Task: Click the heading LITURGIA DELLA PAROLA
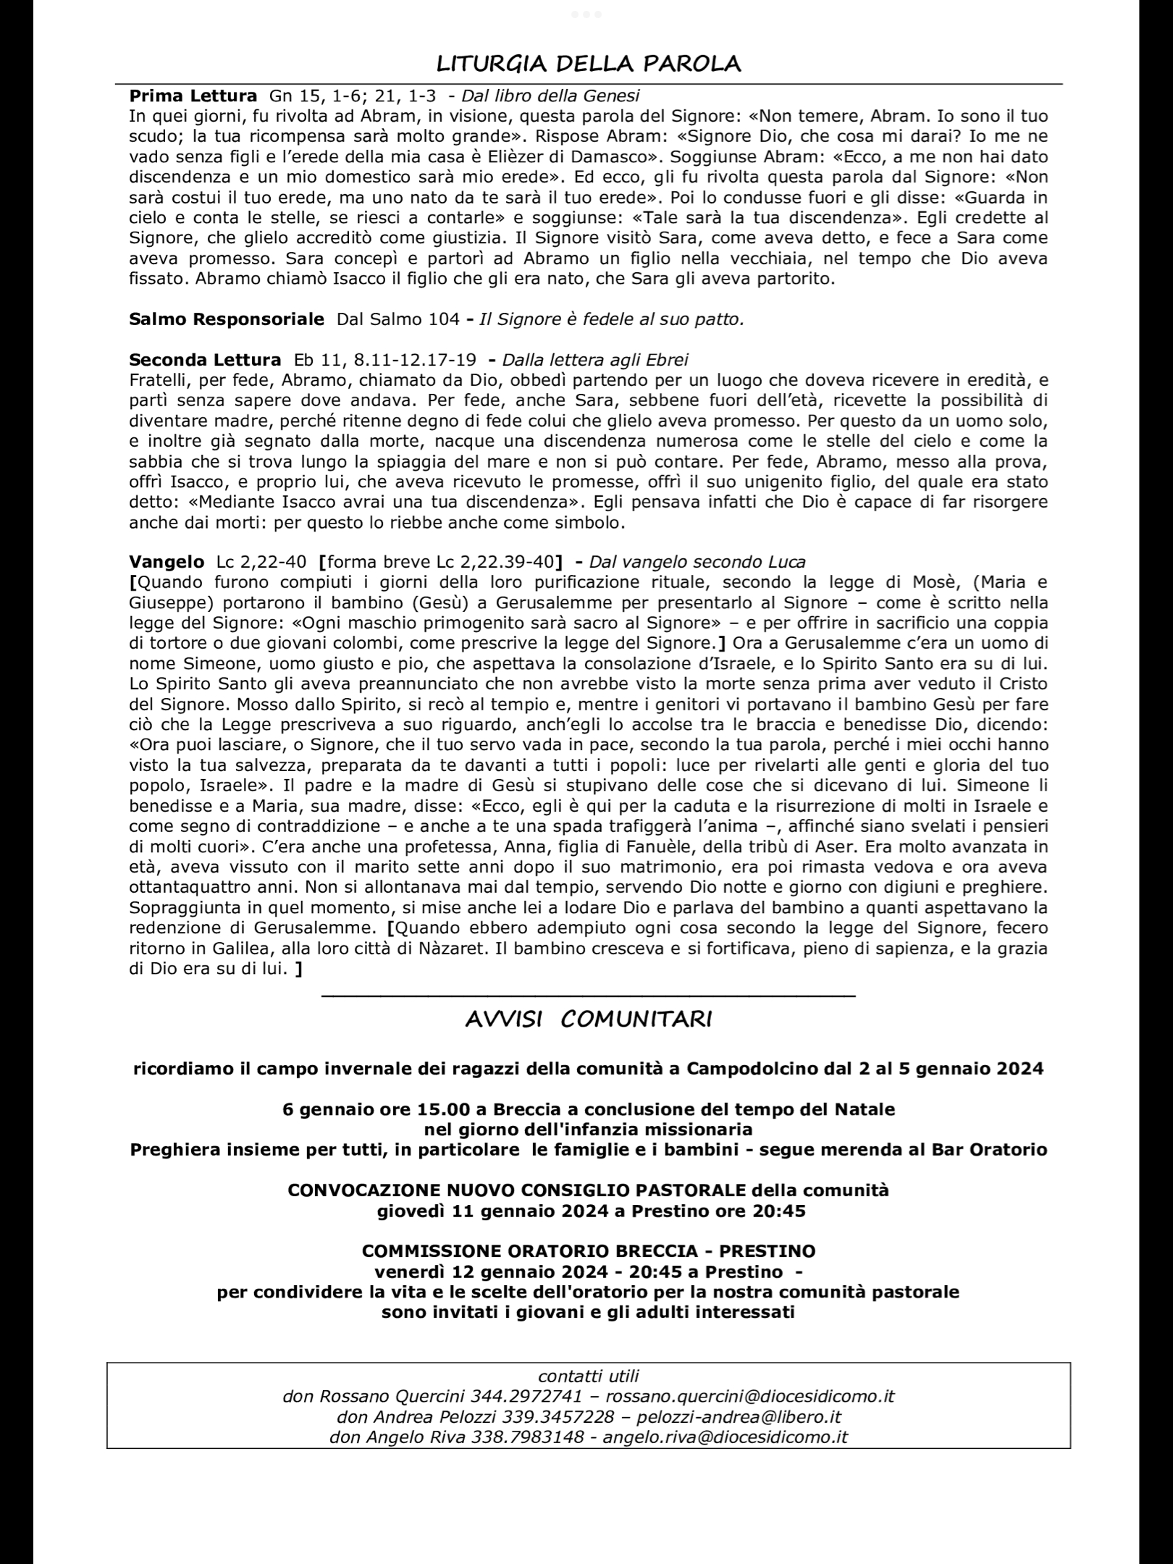[x=588, y=64]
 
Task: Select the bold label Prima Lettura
[x=193, y=96]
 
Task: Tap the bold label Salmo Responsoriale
[x=226, y=319]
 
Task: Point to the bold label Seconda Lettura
[x=205, y=360]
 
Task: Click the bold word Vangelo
[x=167, y=562]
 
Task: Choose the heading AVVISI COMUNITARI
[x=588, y=1019]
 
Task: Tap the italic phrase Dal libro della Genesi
[x=550, y=96]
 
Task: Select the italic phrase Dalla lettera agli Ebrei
[x=595, y=360]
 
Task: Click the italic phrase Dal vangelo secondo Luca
[x=697, y=562]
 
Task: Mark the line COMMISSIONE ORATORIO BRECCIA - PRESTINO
[x=588, y=1251]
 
